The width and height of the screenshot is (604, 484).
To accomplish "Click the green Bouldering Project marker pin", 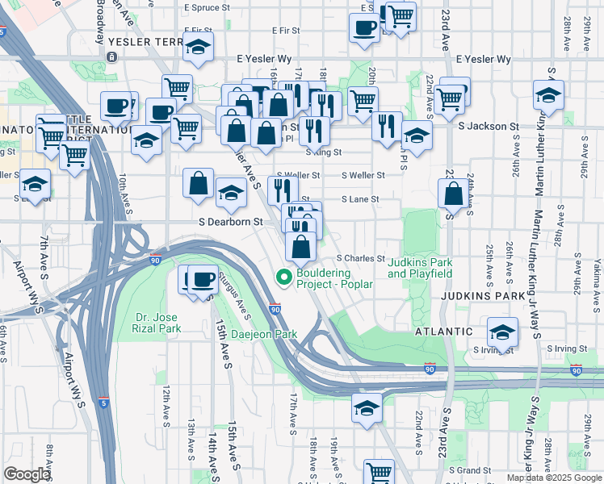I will pyautogui.click(x=283, y=277).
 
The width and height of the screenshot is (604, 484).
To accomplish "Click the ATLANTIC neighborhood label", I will pyautogui.click(x=443, y=332).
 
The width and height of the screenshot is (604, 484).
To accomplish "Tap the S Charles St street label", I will pyautogui.click(x=360, y=258).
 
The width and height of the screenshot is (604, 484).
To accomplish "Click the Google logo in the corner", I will pyautogui.click(x=27, y=474).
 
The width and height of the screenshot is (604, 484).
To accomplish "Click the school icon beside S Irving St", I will pyautogui.click(x=502, y=332).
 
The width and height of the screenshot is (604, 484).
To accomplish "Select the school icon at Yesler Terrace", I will pyautogui.click(x=198, y=48).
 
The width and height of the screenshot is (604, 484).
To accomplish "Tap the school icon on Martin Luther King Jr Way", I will pyautogui.click(x=548, y=95).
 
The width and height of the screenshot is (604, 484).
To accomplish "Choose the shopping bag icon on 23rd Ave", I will pyautogui.click(x=453, y=193).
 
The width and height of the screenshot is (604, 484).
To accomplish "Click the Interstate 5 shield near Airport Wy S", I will pyautogui.click(x=103, y=401).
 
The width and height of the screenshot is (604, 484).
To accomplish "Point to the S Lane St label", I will pyautogui.click(x=360, y=198).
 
